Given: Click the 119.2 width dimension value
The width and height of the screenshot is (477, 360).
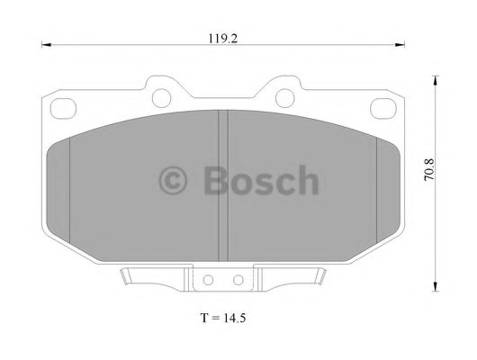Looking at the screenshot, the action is click(x=222, y=39).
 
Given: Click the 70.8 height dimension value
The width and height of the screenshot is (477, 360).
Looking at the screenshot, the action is click(x=429, y=170).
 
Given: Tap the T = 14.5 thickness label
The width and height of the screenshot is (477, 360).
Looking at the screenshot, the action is click(x=223, y=318).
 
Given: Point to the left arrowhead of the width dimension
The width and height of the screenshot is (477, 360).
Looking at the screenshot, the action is click(x=46, y=45).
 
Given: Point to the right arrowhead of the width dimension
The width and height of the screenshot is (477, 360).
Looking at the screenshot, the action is click(x=400, y=45).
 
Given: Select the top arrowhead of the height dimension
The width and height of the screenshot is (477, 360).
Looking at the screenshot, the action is click(x=436, y=80).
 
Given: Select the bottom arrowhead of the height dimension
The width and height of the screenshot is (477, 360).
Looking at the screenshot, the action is click(x=436, y=286).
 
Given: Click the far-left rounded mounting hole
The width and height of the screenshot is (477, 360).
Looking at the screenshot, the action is click(x=63, y=109).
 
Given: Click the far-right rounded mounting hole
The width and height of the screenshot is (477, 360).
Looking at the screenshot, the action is click(x=383, y=109).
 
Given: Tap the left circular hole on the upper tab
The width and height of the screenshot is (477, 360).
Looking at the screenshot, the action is click(x=161, y=98).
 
